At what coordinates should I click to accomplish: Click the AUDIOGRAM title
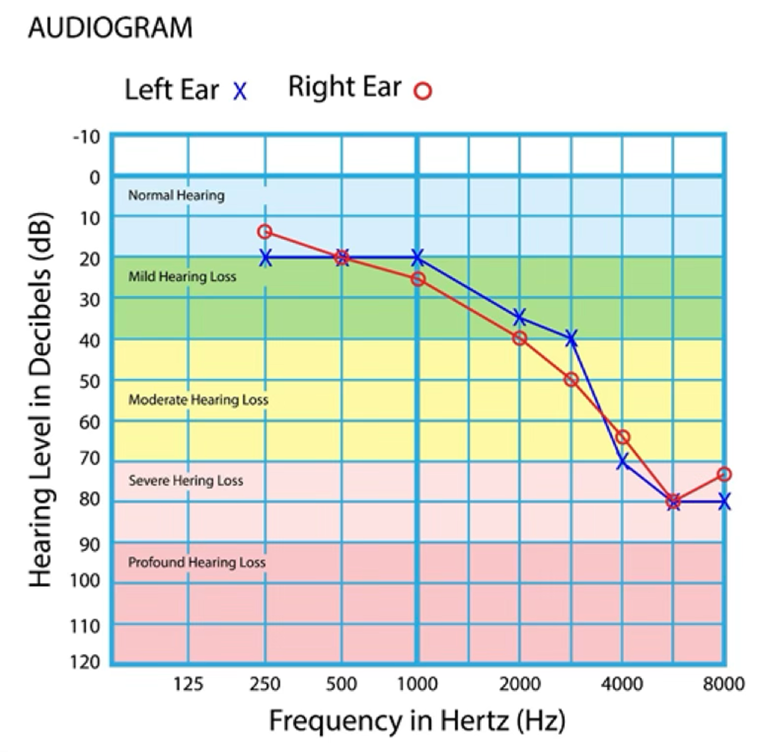point(110,28)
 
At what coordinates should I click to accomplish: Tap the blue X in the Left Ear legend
point(240,92)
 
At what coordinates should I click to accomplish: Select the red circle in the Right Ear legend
point(423,91)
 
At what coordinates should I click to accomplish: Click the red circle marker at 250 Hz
point(265,232)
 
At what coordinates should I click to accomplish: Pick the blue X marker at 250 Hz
point(265,258)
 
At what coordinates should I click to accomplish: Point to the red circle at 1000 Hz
point(418,279)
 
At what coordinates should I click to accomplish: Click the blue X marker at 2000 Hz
point(519,317)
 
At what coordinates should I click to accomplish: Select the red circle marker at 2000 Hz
point(519,338)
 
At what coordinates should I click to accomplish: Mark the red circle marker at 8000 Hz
point(724,474)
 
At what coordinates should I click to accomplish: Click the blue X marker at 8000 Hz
point(724,503)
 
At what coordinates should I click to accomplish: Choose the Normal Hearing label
point(176,195)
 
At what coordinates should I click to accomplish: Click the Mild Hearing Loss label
point(182,277)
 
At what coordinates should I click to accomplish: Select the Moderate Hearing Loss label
point(198,400)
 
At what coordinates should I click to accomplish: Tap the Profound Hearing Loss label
point(197,562)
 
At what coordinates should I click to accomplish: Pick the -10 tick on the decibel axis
point(86,137)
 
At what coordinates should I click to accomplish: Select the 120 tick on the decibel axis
point(85,662)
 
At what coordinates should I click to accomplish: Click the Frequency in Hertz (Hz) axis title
point(417,721)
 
